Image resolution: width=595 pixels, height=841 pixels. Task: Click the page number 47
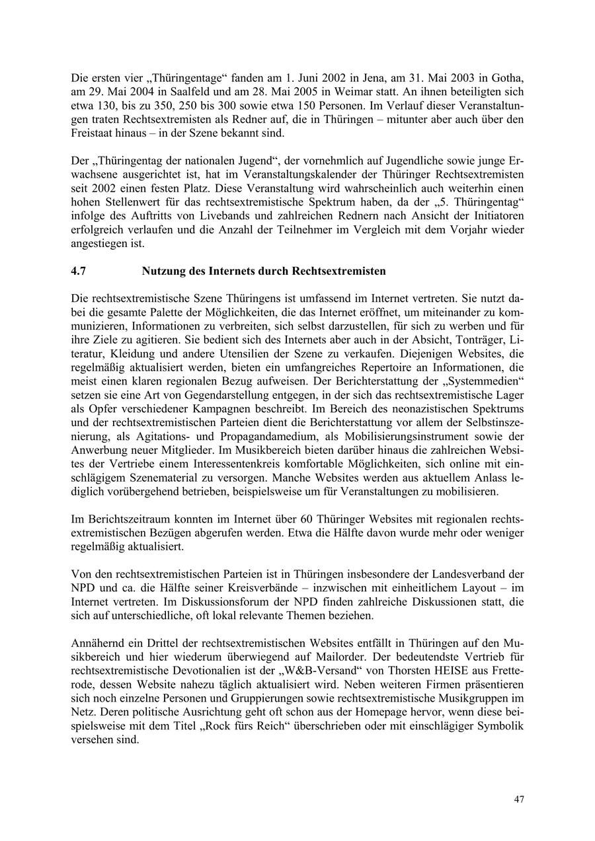coord(519,799)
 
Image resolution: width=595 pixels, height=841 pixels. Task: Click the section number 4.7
coord(79,271)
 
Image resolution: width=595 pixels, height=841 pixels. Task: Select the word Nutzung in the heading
coord(162,271)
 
